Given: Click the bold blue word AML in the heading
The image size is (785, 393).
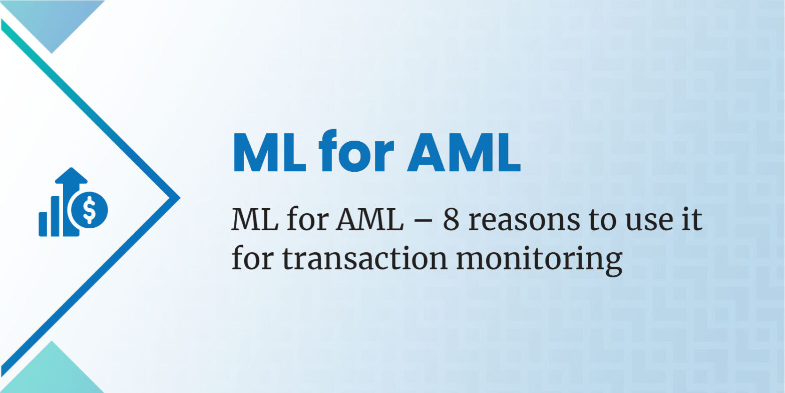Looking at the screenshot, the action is [464, 153].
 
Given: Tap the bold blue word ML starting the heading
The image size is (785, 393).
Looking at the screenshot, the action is [269, 153].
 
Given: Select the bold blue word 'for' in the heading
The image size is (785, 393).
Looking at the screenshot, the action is [356, 151].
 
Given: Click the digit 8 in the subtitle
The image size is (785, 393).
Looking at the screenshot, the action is [451, 220].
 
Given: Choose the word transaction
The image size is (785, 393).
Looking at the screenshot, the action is [365, 259].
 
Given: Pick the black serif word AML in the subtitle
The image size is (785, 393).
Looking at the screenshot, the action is [369, 220].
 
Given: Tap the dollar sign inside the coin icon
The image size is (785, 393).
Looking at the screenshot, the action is [89, 210].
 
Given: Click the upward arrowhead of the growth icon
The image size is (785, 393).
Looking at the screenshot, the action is [71, 175].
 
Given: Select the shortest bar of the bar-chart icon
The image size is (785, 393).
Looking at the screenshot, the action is [43, 224].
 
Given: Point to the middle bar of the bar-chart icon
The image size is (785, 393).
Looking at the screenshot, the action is [55, 216].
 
